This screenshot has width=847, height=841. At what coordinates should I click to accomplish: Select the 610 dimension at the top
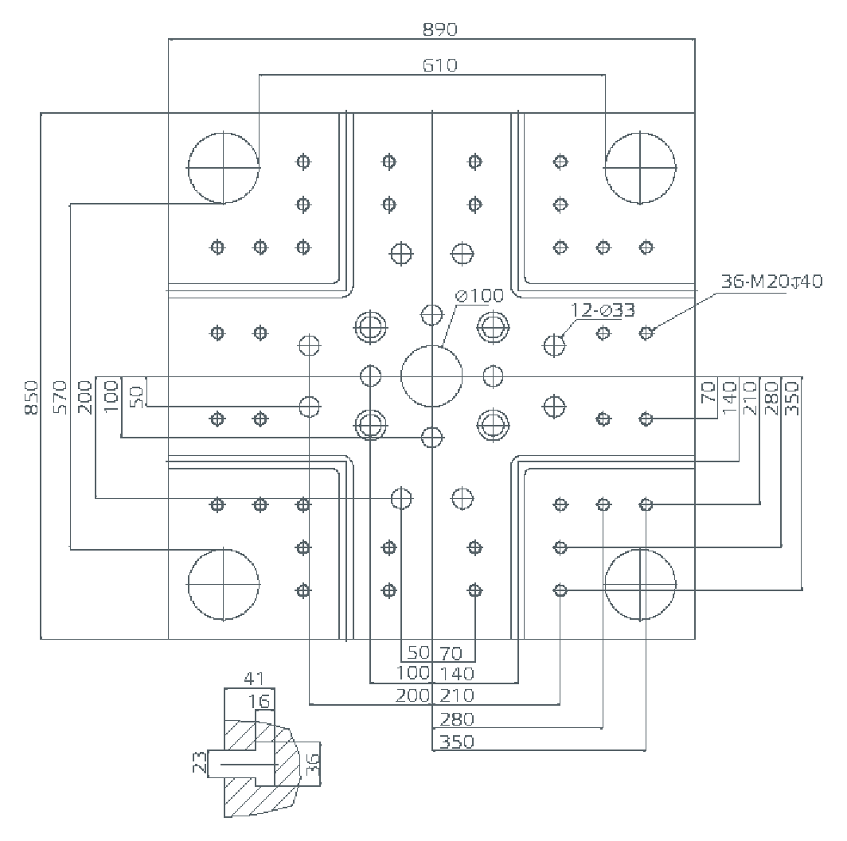click(440, 65)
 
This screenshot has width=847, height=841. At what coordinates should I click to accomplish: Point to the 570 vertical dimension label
click(60, 396)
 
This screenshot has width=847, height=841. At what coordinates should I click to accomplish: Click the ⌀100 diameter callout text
click(479, 296)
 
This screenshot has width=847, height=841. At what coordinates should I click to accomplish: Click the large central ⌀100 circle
click(431, 376)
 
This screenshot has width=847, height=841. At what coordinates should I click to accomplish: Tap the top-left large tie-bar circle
click(224, 168)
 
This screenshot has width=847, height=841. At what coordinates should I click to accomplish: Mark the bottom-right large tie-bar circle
click(640, 584)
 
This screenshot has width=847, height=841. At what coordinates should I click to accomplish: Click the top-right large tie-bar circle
click(640, 168)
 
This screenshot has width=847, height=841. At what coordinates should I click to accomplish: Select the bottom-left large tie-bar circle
click(224, 584)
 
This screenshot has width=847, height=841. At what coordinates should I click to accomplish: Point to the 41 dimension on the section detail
click(253, 679)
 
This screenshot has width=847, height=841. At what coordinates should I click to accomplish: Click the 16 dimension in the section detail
click(260, 700)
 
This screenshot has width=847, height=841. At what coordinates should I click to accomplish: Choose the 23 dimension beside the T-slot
click(200, 765)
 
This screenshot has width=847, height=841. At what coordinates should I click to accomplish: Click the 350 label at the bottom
click(456, 742)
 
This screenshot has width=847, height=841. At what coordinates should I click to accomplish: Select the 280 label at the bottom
click(456, 719)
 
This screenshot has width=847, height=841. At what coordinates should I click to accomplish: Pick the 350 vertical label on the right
click(791, 396)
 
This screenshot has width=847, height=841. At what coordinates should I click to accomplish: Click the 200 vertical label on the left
click(85, 396)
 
